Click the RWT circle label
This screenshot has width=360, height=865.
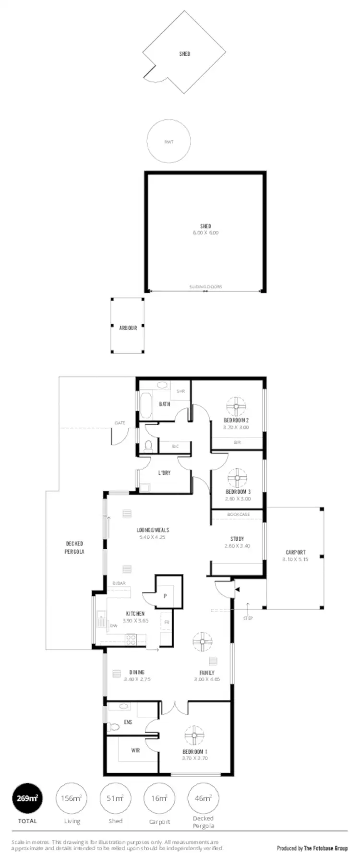pyautogui.click(x=168, y=142)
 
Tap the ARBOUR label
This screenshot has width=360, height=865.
pyautogui.click(x=128, y=328)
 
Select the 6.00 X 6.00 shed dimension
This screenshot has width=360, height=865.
pyautogui.click(x=205, y=233)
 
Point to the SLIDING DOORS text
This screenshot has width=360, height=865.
pyautogui.click(x=205, y=287)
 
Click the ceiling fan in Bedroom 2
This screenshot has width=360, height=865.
pyautogui.click(x=236, y=407)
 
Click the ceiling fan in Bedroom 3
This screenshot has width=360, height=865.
pyautogui.click(x=237, y=478)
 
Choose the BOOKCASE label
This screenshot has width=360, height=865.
pyautogui.click(x=238, y=514)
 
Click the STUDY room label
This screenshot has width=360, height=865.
pyautogui.click(x=237, y=539)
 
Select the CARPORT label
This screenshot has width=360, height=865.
pyautogui.click(x=295, y=552)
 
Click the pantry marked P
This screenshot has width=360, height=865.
pyautogui.click(x=165, y=596)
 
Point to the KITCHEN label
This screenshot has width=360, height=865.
pyautogui.click(x=135, y=614)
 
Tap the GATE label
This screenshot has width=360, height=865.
pyautogui.click(x=120, y=423)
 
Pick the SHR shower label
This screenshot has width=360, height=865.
pyautogui.click(x=180, y=391)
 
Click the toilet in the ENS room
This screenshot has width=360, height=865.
pyautogui.click(x=114, y=727)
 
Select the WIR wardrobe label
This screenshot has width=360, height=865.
pyautogui.click(x=135, y=750)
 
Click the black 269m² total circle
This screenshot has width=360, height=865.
pyautogui.click(x=27, y=799)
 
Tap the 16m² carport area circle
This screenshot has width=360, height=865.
pyautogui.click(x=159, y=799)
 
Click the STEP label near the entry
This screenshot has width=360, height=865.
pyautogui.click(x=248, y=618)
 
